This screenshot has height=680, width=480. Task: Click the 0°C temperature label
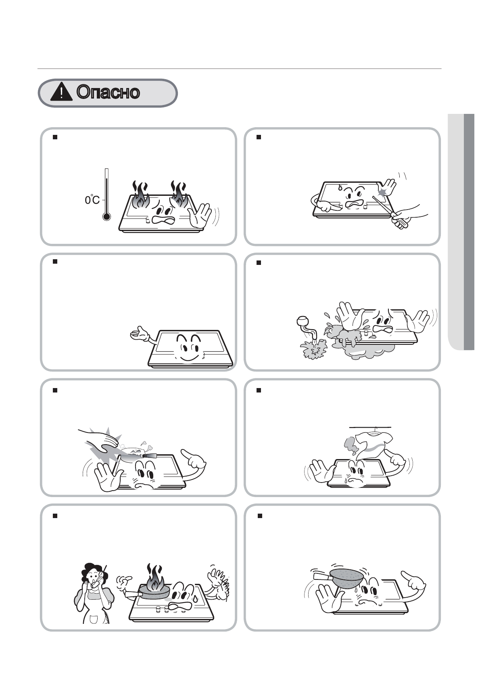click(92, 200)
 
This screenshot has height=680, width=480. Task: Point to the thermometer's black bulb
click(106, 216)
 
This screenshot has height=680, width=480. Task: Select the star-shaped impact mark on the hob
click(383, 191)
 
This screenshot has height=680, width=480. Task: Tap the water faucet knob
click(302, 321)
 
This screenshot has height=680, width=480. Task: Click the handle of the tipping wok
click(321, 576)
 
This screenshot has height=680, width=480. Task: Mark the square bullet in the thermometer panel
click(55, 137)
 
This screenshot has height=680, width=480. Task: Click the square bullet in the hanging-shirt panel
click(259, 390)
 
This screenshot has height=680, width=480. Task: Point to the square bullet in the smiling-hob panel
click(55, 261)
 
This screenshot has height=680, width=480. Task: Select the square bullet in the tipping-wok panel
click(259, 516)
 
